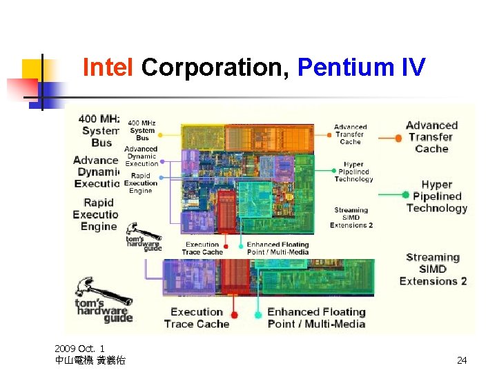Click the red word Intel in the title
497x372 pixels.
tap(108, 68)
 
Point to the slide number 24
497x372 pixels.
tap(462, 360)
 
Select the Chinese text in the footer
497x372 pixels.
tap(90, 360)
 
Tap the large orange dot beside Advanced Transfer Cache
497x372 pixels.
tap(398, 138)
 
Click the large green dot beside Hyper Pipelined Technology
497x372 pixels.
tap(406, 195)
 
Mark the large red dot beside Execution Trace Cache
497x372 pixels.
tap(234, 315)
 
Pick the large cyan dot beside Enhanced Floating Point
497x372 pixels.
tap(258, 315)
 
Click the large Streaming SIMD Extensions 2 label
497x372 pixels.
tap(433, 269)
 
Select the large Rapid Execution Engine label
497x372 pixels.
tap(98, 214)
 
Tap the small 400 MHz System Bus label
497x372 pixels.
tap(142, 131)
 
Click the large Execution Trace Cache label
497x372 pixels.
tap(197, 318)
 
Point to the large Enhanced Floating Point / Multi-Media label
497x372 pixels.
tap(316, 318)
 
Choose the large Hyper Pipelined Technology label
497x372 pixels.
tap(437, 196)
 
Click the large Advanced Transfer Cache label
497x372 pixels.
tap(431, 137)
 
